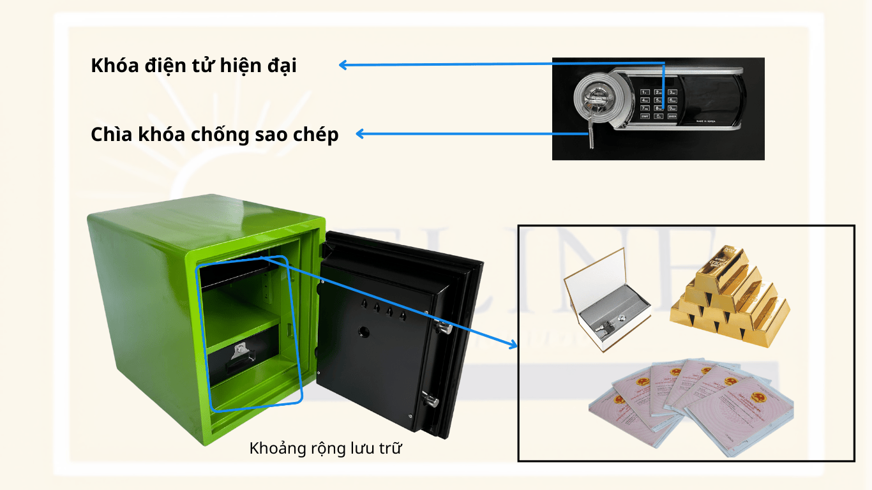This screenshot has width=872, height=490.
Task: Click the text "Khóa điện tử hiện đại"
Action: [193, 66]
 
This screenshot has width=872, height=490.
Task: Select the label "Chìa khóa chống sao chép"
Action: [214, 135]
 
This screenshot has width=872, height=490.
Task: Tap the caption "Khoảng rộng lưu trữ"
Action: [326, 449]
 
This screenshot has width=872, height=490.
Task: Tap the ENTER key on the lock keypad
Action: [672, 116]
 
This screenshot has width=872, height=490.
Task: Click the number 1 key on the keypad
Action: [645, 93]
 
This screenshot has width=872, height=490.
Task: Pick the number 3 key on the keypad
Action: [672, 93]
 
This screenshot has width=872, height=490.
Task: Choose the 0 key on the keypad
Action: [658, 116]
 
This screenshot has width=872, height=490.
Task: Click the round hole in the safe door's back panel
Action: [365, 332]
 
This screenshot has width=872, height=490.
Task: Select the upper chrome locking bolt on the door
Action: [442, 329]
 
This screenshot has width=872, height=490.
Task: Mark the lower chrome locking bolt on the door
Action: [431, 401]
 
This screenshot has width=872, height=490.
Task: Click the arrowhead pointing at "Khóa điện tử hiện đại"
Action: [343, 65]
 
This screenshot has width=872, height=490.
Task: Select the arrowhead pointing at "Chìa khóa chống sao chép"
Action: [359, 133]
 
